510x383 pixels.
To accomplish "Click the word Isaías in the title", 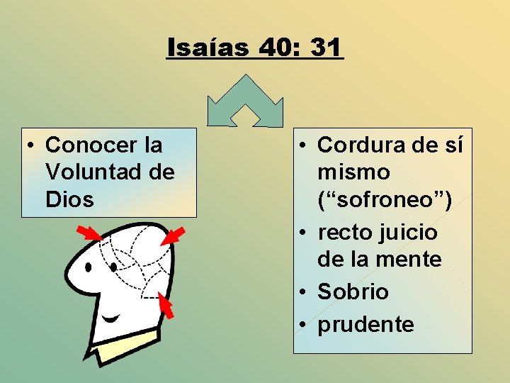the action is click(208, 48).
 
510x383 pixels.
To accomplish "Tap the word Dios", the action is click(69, 199).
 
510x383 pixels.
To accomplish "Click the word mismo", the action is click(353, 172).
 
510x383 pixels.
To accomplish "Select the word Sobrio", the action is click(353, 292).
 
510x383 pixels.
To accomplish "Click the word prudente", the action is click(365, 324).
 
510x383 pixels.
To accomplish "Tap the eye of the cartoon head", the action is click(89, 268).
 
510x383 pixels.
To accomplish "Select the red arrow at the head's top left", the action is click(89, 233).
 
